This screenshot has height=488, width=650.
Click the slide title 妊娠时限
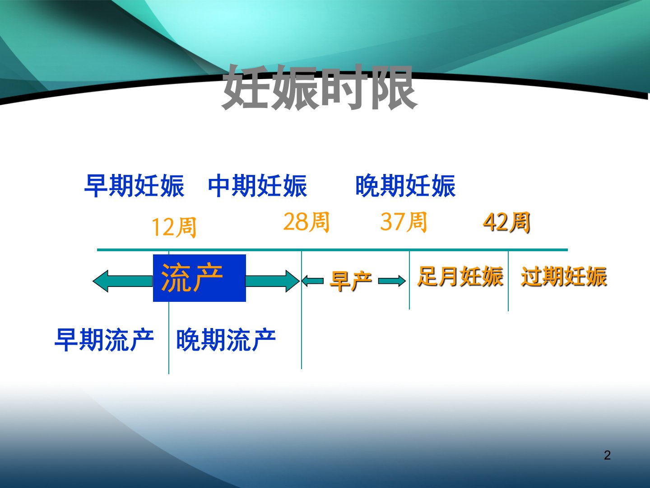pos(320,87)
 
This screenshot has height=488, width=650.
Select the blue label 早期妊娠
pos(135,186)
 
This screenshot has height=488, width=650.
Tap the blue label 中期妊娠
pos(258,186)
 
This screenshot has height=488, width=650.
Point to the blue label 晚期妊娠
pos(405,186)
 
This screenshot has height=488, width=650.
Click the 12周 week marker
pos(174,227)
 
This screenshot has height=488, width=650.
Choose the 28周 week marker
pos(306,222)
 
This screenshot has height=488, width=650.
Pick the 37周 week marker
pos(404,222)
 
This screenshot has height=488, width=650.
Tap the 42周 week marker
pos(506,222)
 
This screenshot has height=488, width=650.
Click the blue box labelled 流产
pos(200,278)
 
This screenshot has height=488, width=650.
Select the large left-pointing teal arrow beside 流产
pos(123,281)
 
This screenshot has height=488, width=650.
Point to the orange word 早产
pos(351,281)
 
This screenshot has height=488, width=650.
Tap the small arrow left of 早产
pos(313,281)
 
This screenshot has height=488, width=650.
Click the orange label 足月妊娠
pos(460,277)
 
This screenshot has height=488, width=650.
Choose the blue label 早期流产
pos(104,340)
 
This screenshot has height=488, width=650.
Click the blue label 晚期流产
pos(226,340)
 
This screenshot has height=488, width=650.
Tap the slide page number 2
pos(608,455)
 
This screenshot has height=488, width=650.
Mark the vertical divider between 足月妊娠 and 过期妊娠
pos(508,281)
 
